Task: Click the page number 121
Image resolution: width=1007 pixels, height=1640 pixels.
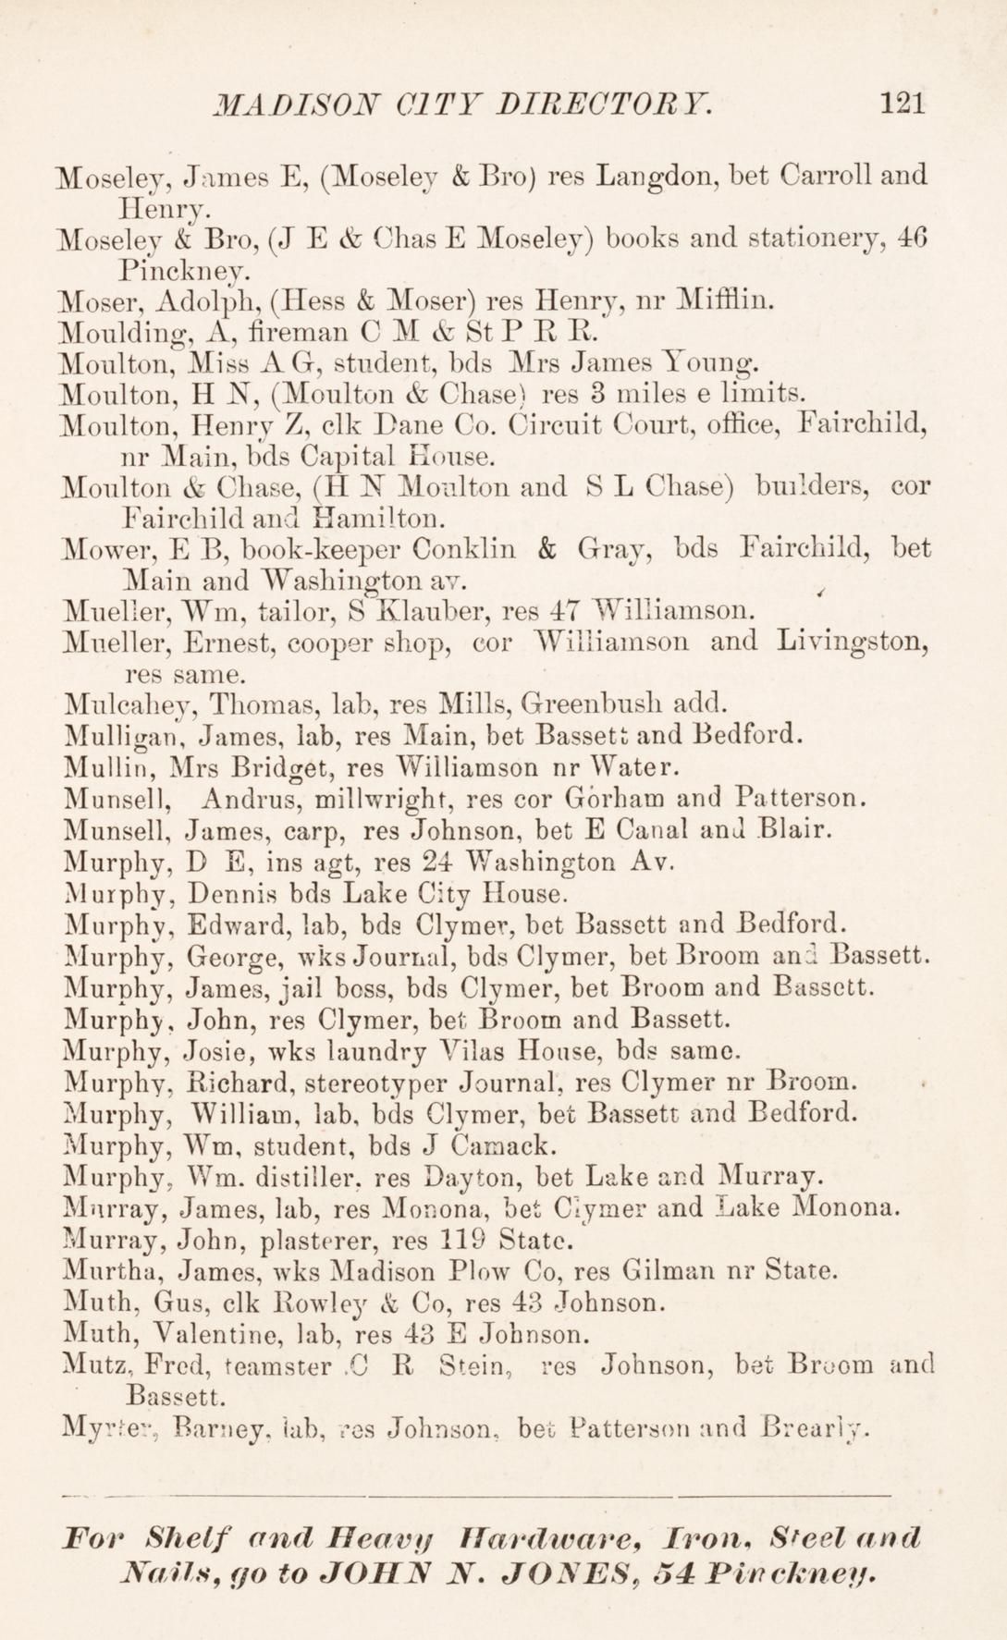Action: click(903, 102)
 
